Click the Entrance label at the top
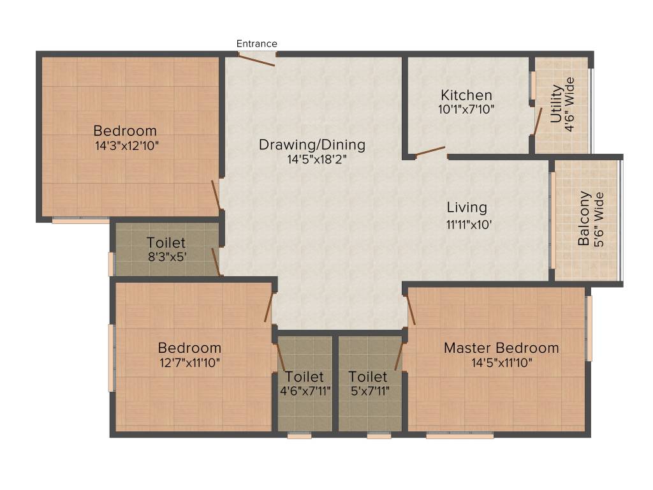click(257, 43)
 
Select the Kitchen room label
click(467, 95)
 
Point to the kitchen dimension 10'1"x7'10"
click(467, 108)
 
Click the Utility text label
click(556, 105)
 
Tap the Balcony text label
click(583, 219)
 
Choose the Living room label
click(466, 207)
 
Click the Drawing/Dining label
click(312, 145)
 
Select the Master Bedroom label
click(501, 348)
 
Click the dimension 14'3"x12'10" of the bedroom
click(125, 145)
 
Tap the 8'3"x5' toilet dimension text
click(166, 256)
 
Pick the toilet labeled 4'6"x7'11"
click(305, 383)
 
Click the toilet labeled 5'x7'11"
click(368, 383)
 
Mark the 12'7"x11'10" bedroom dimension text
click(189, 362)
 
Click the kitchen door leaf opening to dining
click(430, 151)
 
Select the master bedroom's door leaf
click(411, 310)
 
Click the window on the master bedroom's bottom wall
click(460, 436)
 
